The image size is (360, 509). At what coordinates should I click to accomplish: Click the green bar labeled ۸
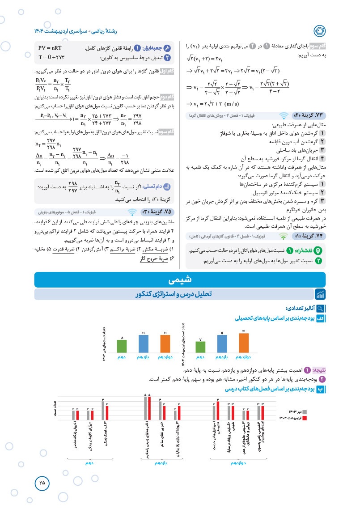[122, 346]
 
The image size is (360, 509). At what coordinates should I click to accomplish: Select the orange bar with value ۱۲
[244, 343]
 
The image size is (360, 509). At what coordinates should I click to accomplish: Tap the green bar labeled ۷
[201, 347]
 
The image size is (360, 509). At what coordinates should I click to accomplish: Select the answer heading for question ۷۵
[153, 212]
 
